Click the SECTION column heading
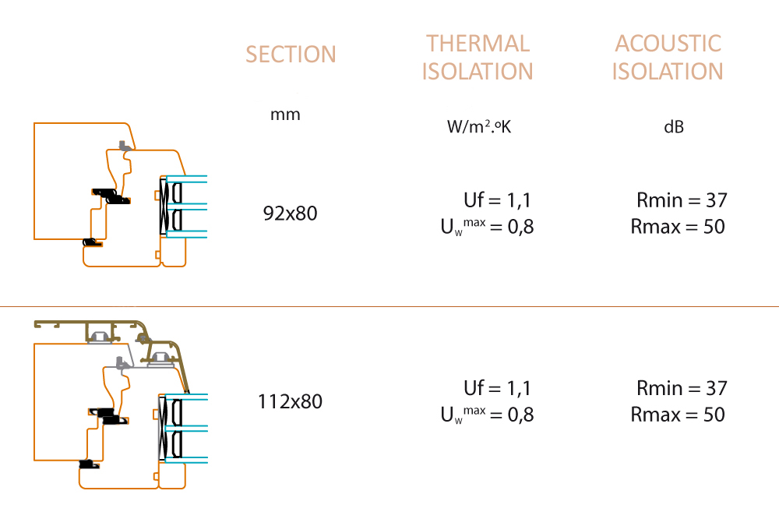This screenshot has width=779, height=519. pyautogui.click(x=291, y=55)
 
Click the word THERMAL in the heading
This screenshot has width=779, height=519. pyautogui.click(x=478, y=44)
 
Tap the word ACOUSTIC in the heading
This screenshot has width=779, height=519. pyautogui.click(x=668, y=44)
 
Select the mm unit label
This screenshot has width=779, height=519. pyautogui.click(x=285, y=115)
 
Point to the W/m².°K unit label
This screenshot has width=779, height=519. pyautogui.click(x=479, y=126)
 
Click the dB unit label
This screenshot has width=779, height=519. pyautogui.click(x=674, y=127)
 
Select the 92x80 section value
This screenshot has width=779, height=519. pyautogui.click(x=290, y=214)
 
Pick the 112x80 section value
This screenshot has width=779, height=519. pyautogui.click(x=290, y=401)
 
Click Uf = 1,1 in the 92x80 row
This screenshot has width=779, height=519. pyautogui.click(x=497, y=199)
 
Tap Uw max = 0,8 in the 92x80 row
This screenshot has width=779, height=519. pyautogui.click(x=488, y=227)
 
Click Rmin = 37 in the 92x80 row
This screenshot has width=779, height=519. pyautogui.click(x=682, y=199)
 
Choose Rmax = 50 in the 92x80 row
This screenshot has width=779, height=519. pyautogui.click(x=678, y=226)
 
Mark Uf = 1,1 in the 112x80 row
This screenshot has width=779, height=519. pyautogui.click(x=497, y=388)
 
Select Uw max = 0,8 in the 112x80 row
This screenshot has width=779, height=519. pyautogui.click(x=488, y=415)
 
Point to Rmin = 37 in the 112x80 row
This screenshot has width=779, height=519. pyautogui.click(x=682, y=388)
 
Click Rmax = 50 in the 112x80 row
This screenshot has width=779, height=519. pyautogui.click(x=678, y=414)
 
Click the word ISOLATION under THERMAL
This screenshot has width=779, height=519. pyautogui.click(x=478, y=71)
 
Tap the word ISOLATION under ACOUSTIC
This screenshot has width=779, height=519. pyautogui.click(x=668, y=71)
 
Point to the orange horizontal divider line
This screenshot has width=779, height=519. pyautogui.click(x=389, y=307)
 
